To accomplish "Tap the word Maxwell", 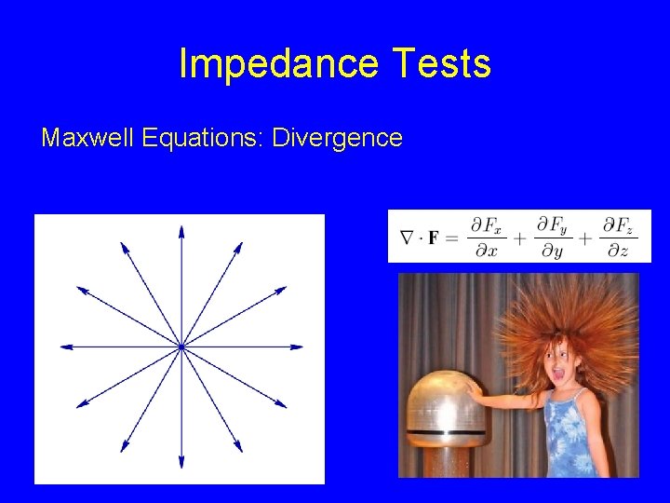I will coord(88,139).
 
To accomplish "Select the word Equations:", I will coord(203,139).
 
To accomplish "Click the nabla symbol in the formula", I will coord(406,238).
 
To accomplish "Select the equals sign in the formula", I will coord(452,238).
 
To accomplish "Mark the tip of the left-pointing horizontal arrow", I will coord(62,347).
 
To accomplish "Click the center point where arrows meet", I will coord(181,347).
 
